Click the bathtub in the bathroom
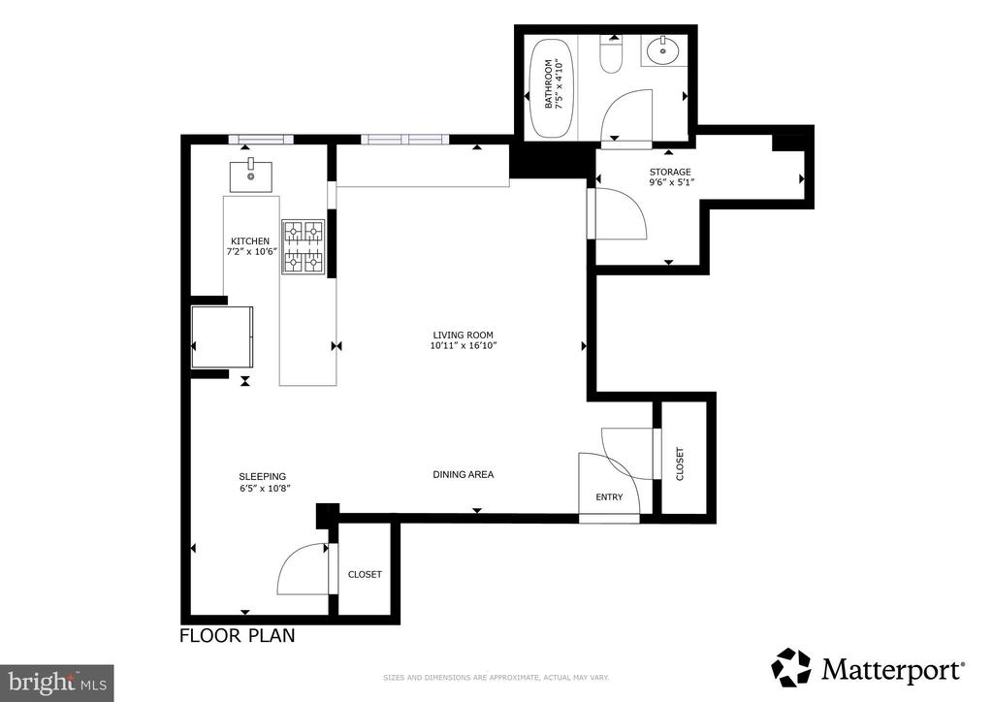coord(552,88)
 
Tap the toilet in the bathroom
coord(612,54)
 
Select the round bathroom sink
coord(663,50)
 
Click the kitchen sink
coord(251,175)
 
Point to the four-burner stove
coord(303,247)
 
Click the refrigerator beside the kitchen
coord(222,336)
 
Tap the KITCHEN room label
coord(250,241)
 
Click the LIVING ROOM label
coord(463,335)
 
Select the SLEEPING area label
coord(262,477)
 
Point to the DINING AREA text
coord(463,474)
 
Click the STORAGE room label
coord(670,173)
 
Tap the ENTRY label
coord(609,497)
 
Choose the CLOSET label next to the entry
coord(680,464)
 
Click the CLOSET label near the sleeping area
coord(365,575)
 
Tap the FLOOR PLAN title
coord(238,635)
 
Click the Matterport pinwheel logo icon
coord(791,667)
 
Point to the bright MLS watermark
coord(57,683)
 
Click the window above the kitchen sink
coord(261,140)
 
